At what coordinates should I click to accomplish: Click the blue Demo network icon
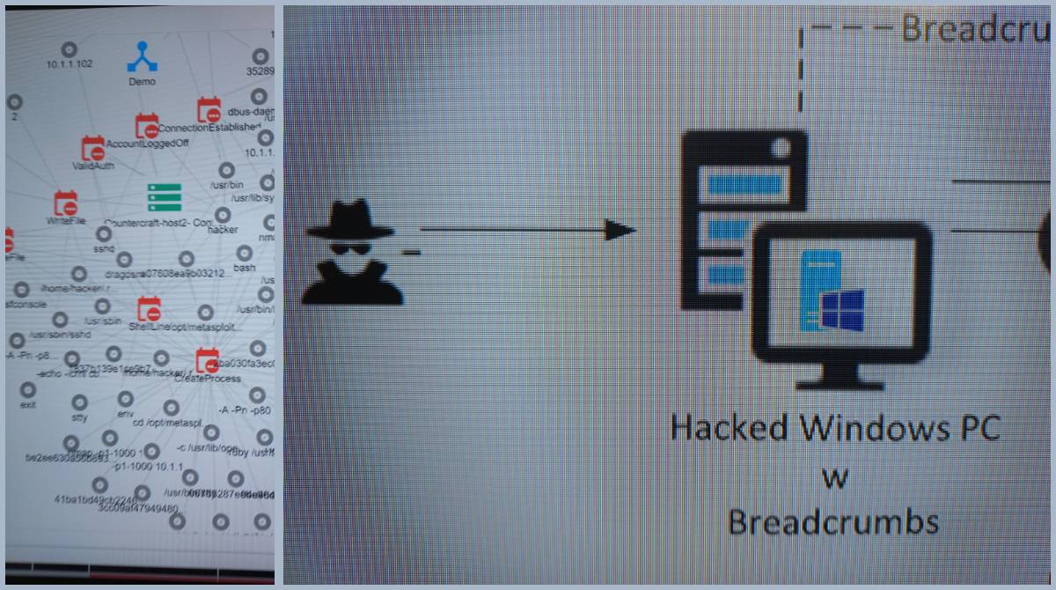point(141,56)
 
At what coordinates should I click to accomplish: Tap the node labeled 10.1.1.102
point(70,49)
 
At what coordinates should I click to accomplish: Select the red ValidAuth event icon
point(92,148)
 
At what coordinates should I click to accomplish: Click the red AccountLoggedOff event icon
point(146,126)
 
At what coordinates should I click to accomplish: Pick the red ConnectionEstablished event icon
point(209,110)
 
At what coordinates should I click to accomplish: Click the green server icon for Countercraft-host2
point(164,198)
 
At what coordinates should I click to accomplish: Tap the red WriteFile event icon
point(65,203)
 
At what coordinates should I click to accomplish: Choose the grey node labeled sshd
point(103,234)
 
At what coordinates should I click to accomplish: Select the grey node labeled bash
point(244,252)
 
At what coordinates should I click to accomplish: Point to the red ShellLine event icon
point(149,309)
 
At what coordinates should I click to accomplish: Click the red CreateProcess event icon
point(207,360)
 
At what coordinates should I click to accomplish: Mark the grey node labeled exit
point(28,389)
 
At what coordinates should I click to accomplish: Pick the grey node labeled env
point(125,399)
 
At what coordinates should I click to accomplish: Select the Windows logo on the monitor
point(842,313)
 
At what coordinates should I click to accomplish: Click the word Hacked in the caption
point(729,428)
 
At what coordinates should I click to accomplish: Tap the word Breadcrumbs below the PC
point(832,522)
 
